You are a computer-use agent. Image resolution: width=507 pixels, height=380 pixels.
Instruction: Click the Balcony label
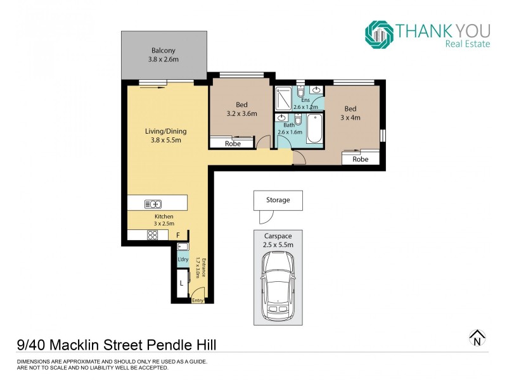[163, 51]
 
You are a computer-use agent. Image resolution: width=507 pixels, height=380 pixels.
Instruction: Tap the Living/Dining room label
[165, 132]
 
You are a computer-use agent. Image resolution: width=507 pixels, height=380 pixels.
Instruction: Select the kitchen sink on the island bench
[153, 203]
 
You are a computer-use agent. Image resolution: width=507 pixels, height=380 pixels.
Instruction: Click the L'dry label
[183, 260]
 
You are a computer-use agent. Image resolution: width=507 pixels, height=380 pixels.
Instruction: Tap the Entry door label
[198, 300]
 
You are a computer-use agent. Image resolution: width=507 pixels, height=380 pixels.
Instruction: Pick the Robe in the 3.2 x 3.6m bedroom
[233, 144]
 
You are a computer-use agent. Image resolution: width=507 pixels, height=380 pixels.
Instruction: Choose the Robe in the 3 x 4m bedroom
[360, 159]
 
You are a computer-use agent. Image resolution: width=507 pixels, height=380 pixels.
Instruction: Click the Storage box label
[278, 200]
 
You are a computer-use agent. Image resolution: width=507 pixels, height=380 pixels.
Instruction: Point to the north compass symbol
[477, 339]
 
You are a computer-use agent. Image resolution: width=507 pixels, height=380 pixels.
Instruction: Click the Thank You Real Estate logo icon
[379, 34]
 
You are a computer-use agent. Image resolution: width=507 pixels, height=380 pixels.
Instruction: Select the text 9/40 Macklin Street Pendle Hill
[117, 345]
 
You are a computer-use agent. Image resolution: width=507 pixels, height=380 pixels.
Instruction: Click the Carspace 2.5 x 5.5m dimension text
[278, 240]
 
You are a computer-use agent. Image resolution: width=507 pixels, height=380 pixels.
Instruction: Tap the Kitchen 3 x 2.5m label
[164, 220]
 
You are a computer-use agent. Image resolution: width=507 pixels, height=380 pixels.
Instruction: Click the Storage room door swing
[265, 217]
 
